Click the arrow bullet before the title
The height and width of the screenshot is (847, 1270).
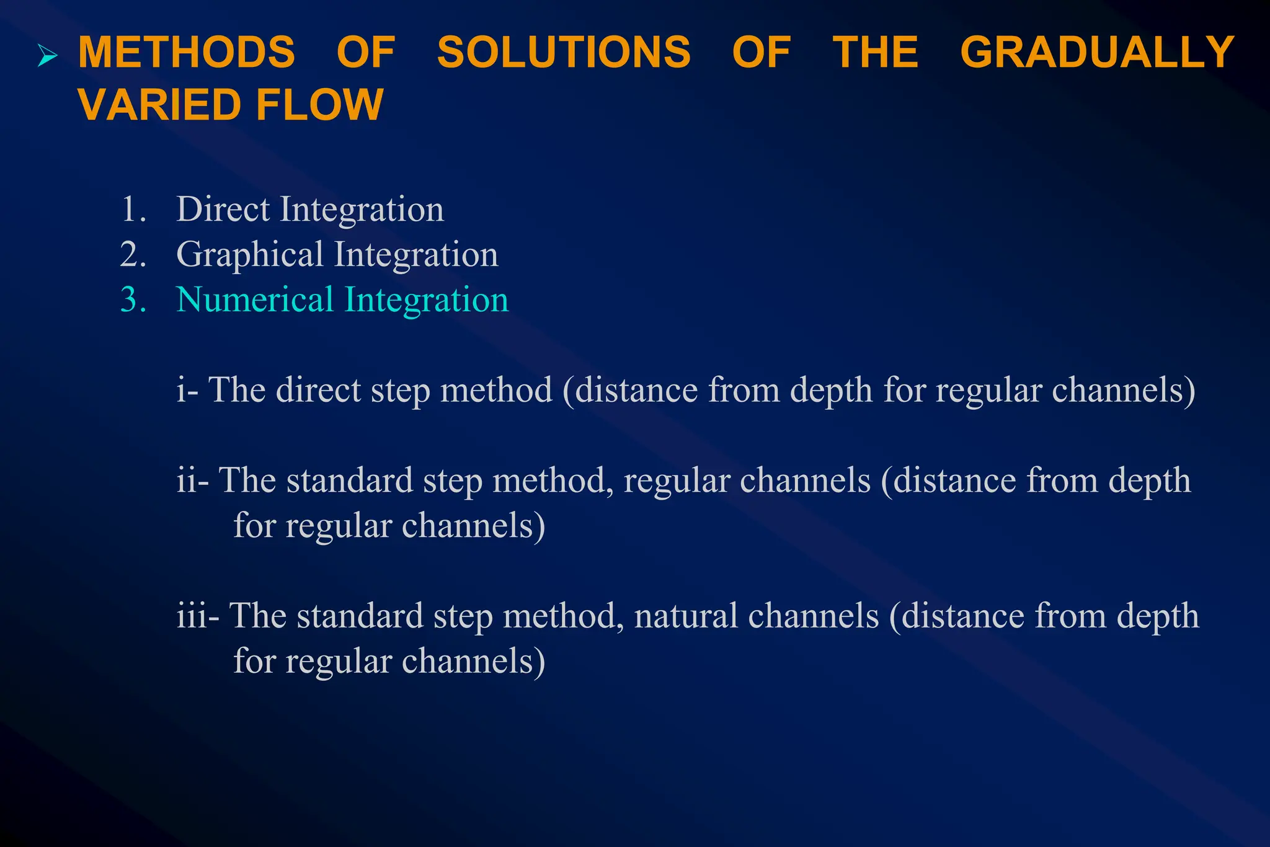coord(47,56)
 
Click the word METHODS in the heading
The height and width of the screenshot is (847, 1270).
coord(186,52)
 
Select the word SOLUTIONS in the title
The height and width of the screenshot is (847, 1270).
coord(563,52)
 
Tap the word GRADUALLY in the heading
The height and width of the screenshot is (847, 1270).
coord(1097,52)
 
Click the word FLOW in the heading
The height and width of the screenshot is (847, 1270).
coord(319,105)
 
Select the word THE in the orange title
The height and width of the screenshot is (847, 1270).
coord(875,52)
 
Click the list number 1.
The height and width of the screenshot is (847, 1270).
coord(132,210)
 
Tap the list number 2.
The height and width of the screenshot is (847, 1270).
coord(132,255)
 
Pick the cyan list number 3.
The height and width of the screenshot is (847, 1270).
coord(132,300)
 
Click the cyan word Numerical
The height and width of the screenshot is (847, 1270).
coord(255,300)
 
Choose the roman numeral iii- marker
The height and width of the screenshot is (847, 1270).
coord(197,616)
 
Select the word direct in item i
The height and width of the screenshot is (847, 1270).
coord(318,390)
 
